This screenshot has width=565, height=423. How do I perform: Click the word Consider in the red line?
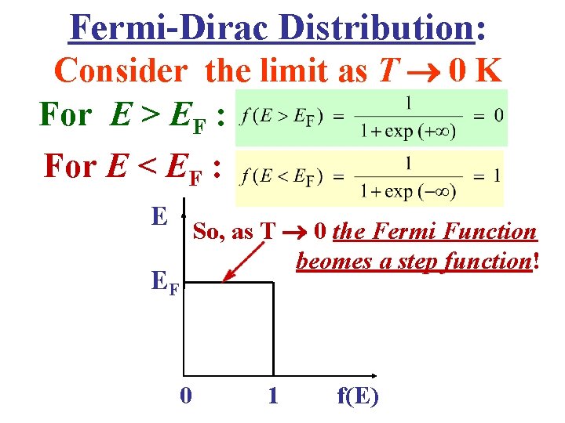click(122, 71)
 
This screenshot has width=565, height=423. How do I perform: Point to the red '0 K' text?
click(475, 71)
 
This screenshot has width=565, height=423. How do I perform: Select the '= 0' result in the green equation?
click(488, 115)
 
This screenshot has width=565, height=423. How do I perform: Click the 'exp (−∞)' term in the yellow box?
click(418, 190)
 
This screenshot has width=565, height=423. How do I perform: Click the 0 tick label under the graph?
click(185, 396)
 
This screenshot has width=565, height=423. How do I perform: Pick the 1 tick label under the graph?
click(272, 396)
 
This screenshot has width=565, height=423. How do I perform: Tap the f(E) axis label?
click(357, 396)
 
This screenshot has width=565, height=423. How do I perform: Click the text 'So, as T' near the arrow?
click(233, 232)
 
